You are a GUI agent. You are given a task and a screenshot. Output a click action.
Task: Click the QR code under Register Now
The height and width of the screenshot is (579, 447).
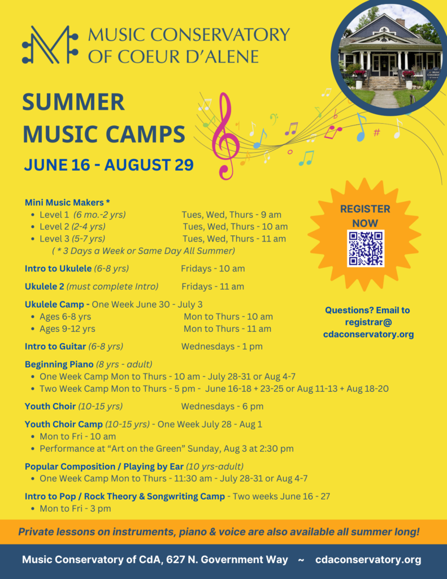[x=366, y=248]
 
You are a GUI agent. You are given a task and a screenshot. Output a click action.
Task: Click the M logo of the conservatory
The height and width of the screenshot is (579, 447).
[x=50, y=44]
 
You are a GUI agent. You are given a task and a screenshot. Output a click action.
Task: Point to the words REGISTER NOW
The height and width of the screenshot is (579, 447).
[x=365, y=216]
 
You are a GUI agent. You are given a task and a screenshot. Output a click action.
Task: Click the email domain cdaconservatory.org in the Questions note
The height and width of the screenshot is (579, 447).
[x=368, y=334]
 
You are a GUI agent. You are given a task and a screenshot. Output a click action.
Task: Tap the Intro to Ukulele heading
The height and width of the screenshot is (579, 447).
[x=58, y=269]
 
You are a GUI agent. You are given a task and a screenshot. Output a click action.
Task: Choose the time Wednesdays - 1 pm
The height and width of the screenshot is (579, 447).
[x=222, y=347]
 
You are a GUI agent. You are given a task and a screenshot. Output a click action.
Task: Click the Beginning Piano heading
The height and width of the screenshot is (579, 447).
[x=59, y=365]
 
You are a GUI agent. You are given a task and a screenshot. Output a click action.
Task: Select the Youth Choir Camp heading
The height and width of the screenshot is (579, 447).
[x=63, y=424]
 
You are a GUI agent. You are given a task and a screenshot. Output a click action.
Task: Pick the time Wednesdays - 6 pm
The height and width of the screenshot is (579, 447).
[x=222, y=406]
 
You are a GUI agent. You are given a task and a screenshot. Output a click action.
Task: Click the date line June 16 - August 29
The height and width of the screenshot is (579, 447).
[x=109, y=165]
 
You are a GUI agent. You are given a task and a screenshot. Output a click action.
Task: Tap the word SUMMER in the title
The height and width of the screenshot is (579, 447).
[x=73, y=102]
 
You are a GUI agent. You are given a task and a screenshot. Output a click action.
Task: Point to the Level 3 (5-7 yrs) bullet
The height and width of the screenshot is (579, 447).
[x=72, y=239]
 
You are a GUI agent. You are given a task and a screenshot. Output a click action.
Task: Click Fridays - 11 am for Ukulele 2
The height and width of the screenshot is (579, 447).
[x=212, y=287]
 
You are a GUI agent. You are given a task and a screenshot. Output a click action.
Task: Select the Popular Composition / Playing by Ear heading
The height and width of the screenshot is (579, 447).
[x=104, y=466]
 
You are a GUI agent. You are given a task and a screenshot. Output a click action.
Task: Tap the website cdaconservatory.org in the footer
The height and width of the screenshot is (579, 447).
[x=368, y=559]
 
